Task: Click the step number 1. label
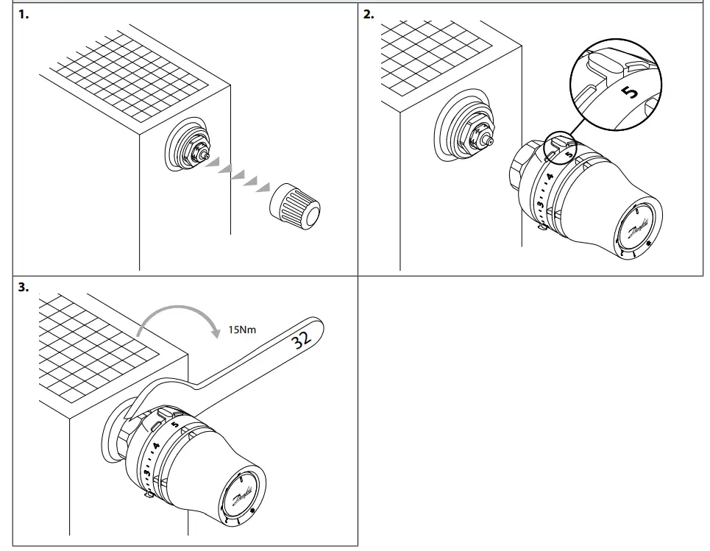point(23,15)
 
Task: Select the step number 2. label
point(369,15)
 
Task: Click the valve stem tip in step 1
point(209,156)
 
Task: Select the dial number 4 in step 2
point(549,177)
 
